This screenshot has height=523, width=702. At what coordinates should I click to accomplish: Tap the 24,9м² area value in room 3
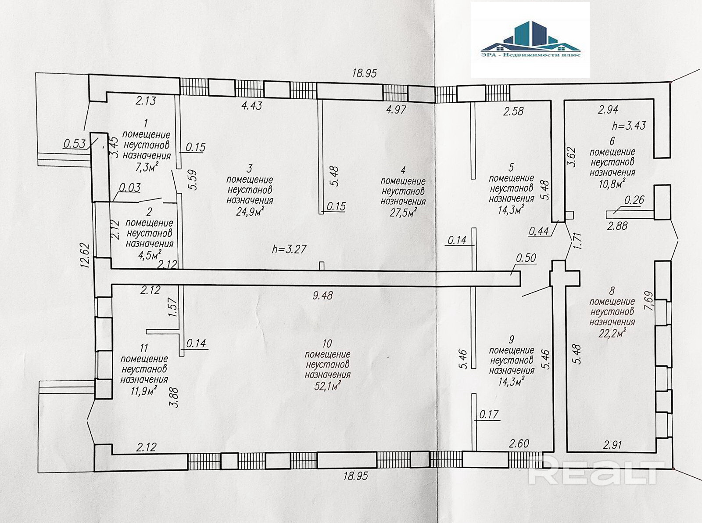tap(250, 211)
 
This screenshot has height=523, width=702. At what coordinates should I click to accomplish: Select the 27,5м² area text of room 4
tap(403, 212)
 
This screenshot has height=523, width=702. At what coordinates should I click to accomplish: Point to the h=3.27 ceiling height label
tap(289, 249)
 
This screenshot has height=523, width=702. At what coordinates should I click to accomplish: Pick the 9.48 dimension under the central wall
tap(323, 295)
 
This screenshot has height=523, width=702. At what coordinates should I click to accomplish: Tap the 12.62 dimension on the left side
tap(86, 255)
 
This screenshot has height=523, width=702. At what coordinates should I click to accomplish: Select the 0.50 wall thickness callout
tap(526, 258)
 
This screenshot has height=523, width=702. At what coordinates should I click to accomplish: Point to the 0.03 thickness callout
tap(129, 188)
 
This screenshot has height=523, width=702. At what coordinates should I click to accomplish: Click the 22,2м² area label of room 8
tap(612, 333)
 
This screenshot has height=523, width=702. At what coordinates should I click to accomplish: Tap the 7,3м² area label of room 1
tap(147, 166)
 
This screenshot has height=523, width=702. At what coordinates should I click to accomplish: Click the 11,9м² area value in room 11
tap(144, 391)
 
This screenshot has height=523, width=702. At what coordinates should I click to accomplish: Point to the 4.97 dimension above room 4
tap(396, 109)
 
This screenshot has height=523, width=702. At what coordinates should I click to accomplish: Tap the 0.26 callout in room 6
tap(634, 200)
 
